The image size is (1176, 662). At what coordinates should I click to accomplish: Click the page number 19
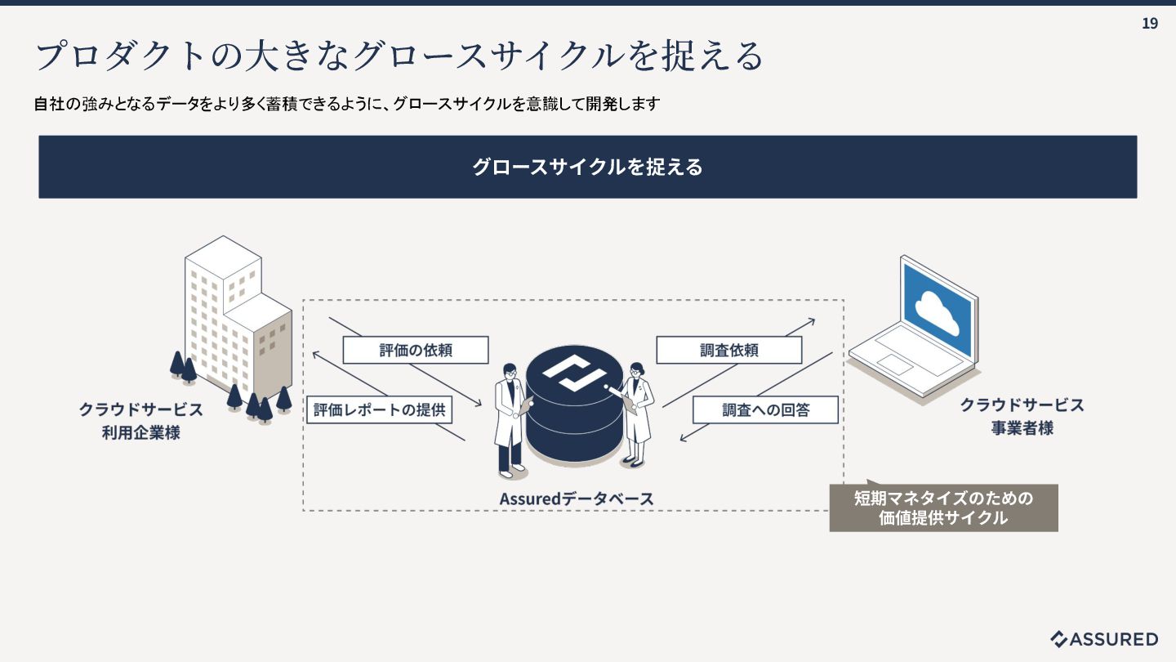click(1149, 24)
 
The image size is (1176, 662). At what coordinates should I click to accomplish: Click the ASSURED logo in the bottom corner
click(1104, 639)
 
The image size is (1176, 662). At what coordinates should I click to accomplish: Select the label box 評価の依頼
click(416, 351)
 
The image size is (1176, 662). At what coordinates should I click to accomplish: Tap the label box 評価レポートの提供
click(380, 409)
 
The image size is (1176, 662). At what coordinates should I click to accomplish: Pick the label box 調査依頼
click(728, 351)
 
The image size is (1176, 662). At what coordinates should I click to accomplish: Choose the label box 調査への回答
click(765, 409)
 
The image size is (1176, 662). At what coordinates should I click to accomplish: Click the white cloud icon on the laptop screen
click(937, 310)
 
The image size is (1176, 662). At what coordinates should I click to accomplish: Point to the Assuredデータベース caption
click(577, 499)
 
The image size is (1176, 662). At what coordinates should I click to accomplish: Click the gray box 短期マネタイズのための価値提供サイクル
click(943, 508)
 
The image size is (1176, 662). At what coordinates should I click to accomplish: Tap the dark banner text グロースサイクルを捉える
click(587, 167)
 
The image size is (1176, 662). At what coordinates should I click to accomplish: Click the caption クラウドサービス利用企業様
click(140, 421)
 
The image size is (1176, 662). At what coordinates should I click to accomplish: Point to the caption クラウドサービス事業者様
click(1022, 416)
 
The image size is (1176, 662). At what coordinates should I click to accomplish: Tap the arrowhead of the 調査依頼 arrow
click(813, 320)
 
